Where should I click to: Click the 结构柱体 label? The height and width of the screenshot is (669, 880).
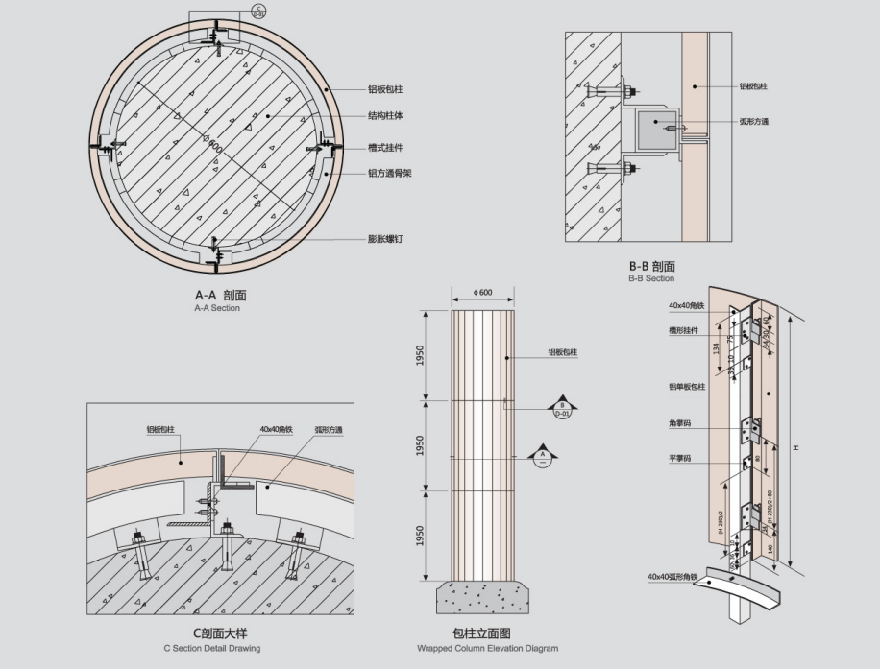(x=385, y=116)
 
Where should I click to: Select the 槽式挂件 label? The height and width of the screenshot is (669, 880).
(x=384, y=147)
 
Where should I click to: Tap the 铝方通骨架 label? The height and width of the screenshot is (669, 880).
(x=390, y=174)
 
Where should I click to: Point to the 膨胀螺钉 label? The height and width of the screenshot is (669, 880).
(x=384, y=239)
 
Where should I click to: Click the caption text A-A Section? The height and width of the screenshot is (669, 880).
(x=217, y=309)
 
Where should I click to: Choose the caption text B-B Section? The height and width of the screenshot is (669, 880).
(x=651, y=278)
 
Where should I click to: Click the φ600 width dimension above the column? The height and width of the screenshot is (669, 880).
(x=482, y=292)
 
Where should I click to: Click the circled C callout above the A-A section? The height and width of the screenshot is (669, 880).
(x=258, y=12)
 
